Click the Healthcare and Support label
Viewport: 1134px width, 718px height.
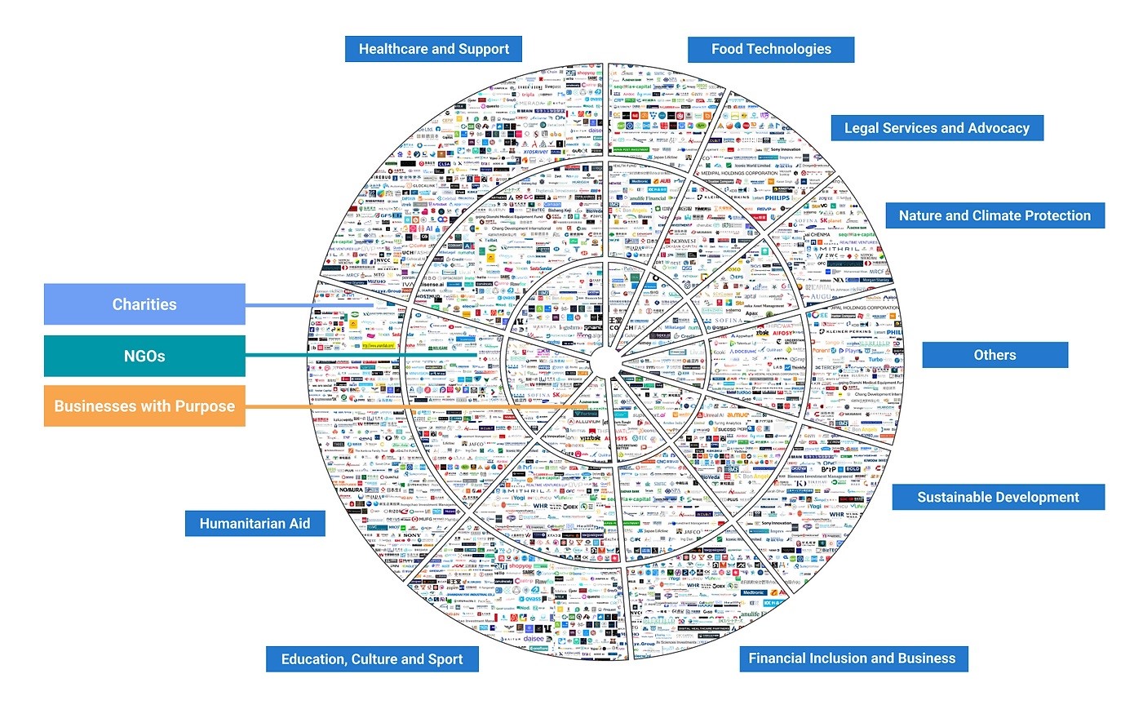point(433,49)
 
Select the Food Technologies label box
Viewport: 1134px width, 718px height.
point(771,49)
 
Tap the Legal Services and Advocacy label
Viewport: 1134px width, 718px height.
point(937,128)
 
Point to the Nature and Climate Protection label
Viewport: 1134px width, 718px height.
point(994,215)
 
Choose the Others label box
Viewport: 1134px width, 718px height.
point(994,355)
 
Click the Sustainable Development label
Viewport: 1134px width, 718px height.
point(998,497)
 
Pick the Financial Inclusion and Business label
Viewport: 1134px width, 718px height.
point(852,658)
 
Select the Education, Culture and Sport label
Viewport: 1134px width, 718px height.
point(371,659)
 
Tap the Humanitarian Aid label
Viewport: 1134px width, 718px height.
point(255,524)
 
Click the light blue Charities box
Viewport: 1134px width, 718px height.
point(144,304)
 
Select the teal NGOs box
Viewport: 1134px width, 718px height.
point(144,356)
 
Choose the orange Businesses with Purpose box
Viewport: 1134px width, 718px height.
point(144,406)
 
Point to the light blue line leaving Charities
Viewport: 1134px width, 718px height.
point(310,306)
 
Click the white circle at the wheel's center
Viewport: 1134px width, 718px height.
point(605,361)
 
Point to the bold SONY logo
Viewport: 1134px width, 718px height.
point(413,512)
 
